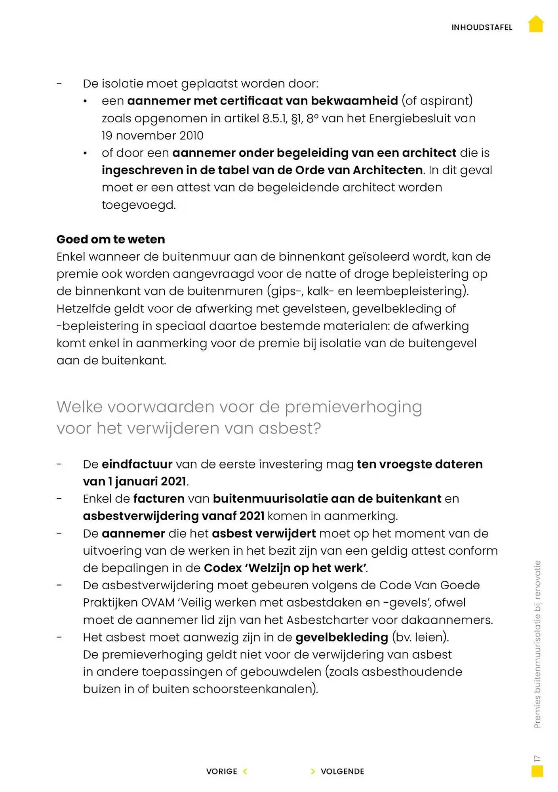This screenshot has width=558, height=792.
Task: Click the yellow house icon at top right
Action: coord(536,24)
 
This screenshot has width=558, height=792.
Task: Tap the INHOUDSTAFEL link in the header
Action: coord(482,27)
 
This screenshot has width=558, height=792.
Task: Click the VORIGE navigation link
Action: coord(222,771)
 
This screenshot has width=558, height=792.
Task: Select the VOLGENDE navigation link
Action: coord(342,771)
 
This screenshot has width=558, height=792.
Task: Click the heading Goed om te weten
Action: coord(110,239)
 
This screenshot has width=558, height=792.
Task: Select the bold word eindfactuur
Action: coord(137,464)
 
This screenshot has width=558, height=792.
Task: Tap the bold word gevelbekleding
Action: coord(341,637)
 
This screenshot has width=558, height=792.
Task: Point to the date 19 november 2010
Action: coord(152,135)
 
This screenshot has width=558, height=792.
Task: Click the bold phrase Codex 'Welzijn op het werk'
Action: coord(285,568)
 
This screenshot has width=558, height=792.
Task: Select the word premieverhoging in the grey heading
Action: coord(353,407)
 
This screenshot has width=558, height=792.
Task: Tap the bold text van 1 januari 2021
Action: coord(135,482)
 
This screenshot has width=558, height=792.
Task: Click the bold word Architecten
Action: coord(388,170)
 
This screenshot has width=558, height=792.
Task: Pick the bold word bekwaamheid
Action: coord(354,101)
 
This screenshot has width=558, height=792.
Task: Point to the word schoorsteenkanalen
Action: coord(255,689)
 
